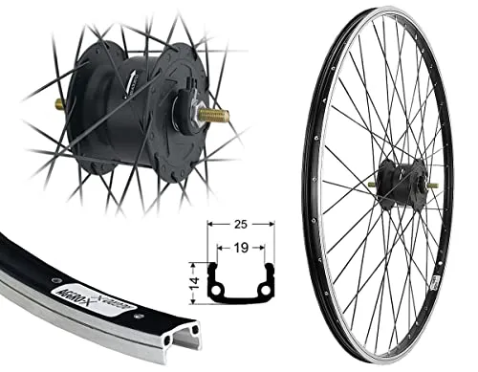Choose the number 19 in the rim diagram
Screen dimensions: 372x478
242,246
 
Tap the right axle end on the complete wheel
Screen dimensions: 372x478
433,185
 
